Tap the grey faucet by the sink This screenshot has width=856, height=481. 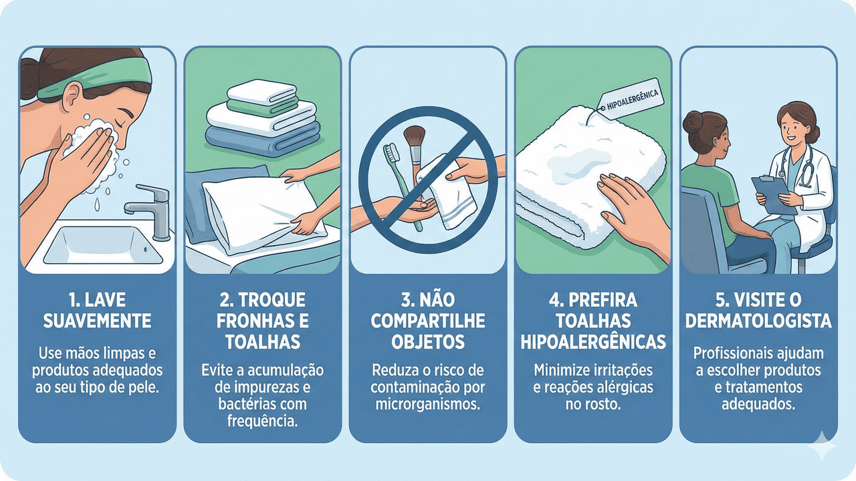pyautogui.click(x=151, y=211)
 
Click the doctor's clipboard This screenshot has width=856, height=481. pyautogui.click(x=773, y=194)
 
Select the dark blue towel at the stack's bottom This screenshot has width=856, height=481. pyautogui.click(x=263, y=140)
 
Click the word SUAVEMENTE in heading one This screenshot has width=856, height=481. pyautogui.click(x=97, y=321)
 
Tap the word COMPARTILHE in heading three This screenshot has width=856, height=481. pyautogui.click(x=427, y=321)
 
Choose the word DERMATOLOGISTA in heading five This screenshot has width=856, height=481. pyautogui.click(x=758, y=321)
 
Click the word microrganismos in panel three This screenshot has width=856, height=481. pyautogui.click(x=427, y=404)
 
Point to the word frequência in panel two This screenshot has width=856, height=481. pyautogui.click(x=262, y=422)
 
